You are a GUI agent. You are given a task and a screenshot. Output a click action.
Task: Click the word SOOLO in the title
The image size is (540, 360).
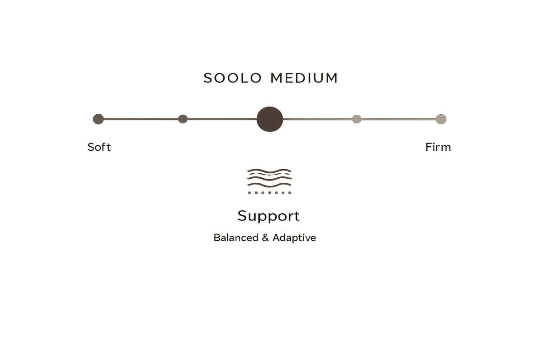pos(232,78)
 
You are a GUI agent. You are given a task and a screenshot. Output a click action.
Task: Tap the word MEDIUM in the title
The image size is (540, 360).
pos(304,78)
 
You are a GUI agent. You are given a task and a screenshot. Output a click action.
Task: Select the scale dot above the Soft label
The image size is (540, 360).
pos(99,119)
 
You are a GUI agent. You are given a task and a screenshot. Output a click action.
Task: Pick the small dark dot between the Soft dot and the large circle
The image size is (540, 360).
pos(183,119)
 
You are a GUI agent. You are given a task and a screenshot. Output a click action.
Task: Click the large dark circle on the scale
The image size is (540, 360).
pos(270,119)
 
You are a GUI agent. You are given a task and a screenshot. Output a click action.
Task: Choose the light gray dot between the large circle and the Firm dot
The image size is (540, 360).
pos(356,119)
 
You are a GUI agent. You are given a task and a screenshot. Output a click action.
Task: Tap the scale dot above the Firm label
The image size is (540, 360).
pos(441,119)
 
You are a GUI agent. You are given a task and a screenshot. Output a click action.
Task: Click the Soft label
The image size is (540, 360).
pos(99,147)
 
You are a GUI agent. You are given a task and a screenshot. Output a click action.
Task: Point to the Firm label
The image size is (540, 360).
pos(438,147)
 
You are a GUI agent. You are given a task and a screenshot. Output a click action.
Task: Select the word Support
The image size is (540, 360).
pos(269,216)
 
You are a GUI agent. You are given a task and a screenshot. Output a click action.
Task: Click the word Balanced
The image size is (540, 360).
pos(236,238)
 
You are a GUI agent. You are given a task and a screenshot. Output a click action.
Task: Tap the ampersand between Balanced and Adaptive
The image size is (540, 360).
pos(265,238)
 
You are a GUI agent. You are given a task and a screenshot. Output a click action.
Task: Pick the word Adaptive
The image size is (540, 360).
pos(294,238)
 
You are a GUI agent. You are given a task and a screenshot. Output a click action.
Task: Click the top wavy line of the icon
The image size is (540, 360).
pos(269,171)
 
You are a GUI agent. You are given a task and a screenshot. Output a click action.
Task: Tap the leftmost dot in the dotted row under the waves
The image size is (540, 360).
pos(249,193)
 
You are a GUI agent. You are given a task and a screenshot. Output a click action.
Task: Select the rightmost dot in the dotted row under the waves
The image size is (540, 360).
pos(290,193)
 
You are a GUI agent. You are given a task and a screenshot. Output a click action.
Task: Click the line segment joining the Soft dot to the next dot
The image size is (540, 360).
pos(141,119)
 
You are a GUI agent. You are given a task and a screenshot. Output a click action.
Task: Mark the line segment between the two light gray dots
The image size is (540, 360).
pos(399,119)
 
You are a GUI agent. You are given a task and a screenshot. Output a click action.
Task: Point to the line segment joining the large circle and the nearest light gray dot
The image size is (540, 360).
pos(318,119)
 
